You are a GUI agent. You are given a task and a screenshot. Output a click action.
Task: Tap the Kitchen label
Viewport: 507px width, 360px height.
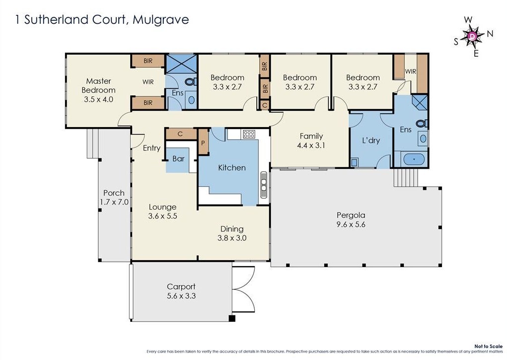[x=232, y=167]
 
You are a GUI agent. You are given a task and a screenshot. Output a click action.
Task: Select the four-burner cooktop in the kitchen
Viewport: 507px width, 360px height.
[x=249, y=134]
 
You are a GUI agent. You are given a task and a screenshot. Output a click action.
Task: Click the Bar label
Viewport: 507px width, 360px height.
[x=178, y=159]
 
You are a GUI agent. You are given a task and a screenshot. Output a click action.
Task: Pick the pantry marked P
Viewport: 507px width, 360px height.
[x=203, y=141]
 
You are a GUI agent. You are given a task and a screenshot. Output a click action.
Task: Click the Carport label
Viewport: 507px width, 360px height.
[x=181, y=287]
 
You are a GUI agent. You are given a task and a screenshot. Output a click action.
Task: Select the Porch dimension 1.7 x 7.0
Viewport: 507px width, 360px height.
[x=114, y=202]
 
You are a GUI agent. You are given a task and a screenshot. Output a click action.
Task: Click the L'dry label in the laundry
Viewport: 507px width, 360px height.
[x=371, y=141]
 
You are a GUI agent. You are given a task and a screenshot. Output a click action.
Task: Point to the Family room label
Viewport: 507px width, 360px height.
[x=311, y=136]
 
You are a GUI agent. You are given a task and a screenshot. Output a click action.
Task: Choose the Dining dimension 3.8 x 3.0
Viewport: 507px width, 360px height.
[x=232, y=238]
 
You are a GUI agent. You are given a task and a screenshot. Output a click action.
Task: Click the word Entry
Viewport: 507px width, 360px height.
[x=151, y=148]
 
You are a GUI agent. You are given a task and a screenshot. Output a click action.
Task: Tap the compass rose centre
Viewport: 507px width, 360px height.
[x=473, y=36]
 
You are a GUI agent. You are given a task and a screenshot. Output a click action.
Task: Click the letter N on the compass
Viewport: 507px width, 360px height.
[x=490, y=34]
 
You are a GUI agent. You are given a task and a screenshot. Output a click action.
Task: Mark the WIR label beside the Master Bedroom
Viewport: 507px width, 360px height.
[x=148, y=81]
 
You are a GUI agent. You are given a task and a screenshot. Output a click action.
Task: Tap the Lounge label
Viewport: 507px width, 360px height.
[x=162, y=207]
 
